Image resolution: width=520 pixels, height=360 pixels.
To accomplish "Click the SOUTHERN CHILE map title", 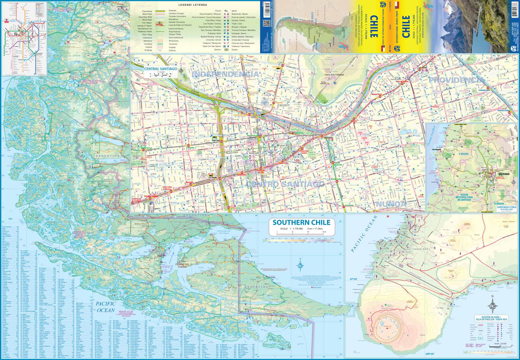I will pyautogui.click(x=301, y=223).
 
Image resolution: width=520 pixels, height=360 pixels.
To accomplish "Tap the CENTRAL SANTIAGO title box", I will pyautogui.click(x=161, y=69).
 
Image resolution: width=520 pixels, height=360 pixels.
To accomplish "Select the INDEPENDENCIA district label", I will pyautogui.click(x=225, y=74).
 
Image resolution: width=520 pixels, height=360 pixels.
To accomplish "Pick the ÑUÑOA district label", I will pyautogui.click(x=391, y=204).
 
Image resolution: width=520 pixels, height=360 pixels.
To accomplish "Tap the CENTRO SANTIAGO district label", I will pyautogui.click(x=285, y=184).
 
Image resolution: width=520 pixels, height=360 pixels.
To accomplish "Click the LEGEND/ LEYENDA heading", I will pyautogui.click(x=193, y=5).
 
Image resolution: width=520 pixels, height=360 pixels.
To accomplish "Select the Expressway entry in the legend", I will pyautogui.click(x=145, y=11).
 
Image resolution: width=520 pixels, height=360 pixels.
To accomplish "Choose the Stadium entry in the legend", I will pyautogui.click(x=217, y=50).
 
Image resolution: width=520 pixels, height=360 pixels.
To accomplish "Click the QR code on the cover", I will pyautogui.click(x=266, y=23).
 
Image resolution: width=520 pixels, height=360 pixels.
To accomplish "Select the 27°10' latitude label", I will pyautogui.click(x=353, y=279).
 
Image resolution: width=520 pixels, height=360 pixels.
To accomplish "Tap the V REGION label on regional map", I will pyautogui.click(x=463, y=154).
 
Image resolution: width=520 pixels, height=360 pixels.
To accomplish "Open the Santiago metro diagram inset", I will pyautogui.click(x=24, y=38).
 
